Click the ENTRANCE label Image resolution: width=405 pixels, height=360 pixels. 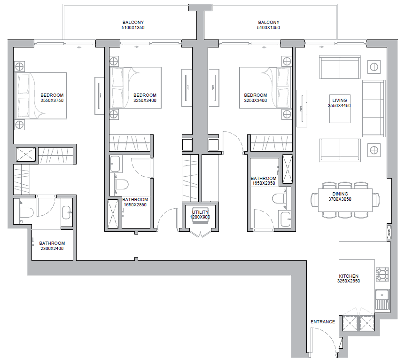[x=323, y=322]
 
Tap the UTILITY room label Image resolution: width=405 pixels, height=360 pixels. [x=200, y=212]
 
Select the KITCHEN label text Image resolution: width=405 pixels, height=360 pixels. [x=349, y=276]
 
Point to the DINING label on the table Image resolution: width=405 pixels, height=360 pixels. [x=340, y=194]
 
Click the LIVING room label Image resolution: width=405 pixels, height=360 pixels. [x=339, y=100]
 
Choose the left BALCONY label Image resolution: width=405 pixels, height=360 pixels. [x=133, y=23]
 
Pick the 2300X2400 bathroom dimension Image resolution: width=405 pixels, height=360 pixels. [x=52, y=248]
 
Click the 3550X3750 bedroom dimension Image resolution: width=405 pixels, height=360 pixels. [x=52, y=100]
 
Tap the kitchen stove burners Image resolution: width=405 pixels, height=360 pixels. [x=382, y=274]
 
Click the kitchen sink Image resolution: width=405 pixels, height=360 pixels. [x=382, y=300]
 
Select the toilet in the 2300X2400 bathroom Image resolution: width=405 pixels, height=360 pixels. [x=26, y=212]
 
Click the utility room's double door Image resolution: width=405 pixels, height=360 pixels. [x=200, y=233]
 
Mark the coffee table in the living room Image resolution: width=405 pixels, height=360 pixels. [x=340, y=109]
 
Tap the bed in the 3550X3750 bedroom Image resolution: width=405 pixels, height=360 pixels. [x=41, y=96]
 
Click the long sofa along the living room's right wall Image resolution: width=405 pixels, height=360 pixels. [x=374, y=109]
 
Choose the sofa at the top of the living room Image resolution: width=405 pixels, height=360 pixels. [x=340, y=67]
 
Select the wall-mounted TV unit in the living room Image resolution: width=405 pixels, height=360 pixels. [x=302, y=109]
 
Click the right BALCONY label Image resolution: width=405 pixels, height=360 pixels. [x=269, y=23]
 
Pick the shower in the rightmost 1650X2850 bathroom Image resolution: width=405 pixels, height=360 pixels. [x=288, y=169]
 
